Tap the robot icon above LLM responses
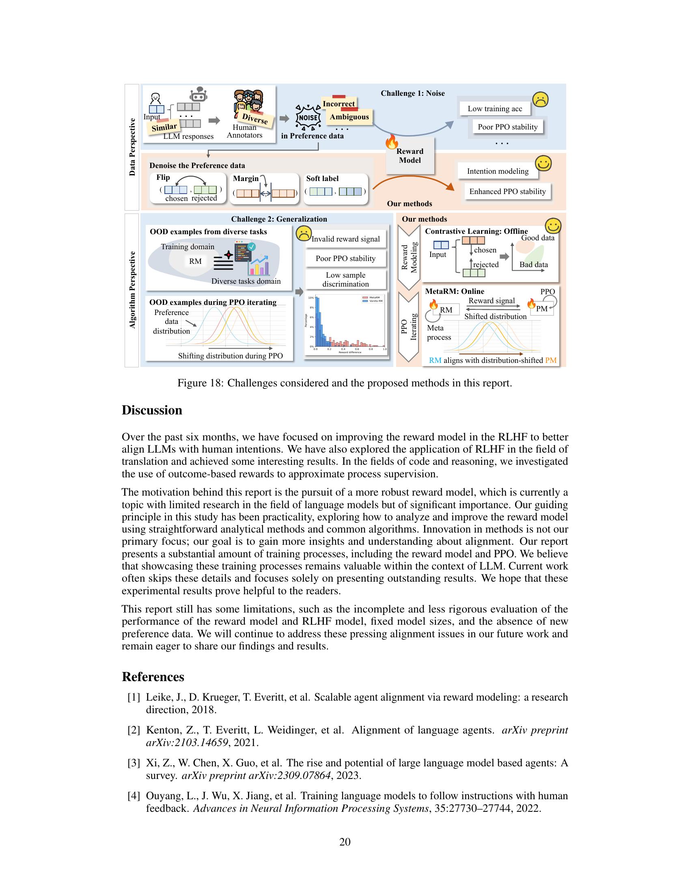point(198,95)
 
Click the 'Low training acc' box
point(495,109)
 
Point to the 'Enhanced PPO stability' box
point(507,191)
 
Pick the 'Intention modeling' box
point(498,171)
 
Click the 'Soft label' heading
point(322,179)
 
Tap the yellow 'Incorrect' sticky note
point(339,104)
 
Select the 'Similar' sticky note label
point(164,127)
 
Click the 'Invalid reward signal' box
point(345,239)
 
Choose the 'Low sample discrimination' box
point(345,280)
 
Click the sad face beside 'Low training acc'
point(540,99)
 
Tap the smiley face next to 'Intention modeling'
point(543,164)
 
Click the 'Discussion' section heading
point(152,410)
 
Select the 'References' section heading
point(153,677)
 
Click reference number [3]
point(134,763)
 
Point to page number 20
point(345,842)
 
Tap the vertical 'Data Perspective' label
point(132,147)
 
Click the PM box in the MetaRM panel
point(541,309)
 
